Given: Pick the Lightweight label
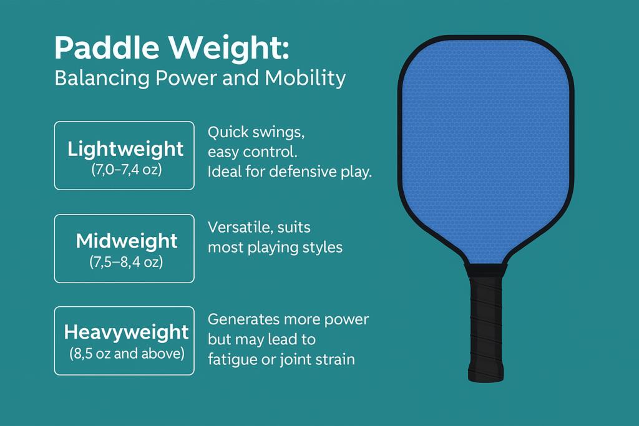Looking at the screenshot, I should point(125,149).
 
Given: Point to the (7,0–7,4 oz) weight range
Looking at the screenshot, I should point(125,168).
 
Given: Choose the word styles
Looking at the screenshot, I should point(323,247).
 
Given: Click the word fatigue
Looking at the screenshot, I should point(229,359).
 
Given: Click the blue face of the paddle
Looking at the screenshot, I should point(485,150).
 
